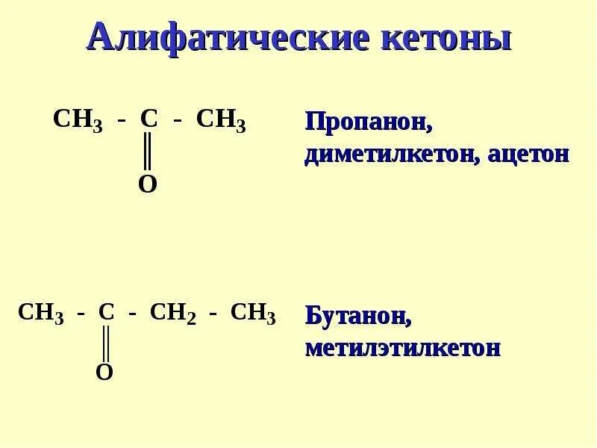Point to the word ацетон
click(528, 154)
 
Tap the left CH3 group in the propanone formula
click(78, 120)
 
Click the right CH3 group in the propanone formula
click(221, 120)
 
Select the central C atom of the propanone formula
click(149, 119)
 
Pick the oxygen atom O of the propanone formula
click(148, 184)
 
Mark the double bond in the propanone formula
click(148, 152)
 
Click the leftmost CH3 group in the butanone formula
click(41, 314)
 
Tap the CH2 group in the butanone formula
click(172, 314)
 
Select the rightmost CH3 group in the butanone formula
click(253, 314)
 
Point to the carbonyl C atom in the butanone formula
click(106, 313)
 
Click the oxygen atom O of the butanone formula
click(104, 373)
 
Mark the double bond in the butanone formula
click(105, 343)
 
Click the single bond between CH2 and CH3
click(213, 316)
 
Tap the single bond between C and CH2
click(131, 316)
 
